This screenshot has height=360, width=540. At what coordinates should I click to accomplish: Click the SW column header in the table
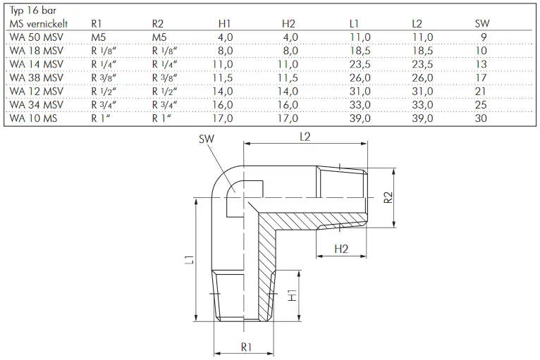click(482, 23)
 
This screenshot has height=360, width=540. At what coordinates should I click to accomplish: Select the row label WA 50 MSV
click(37, 37)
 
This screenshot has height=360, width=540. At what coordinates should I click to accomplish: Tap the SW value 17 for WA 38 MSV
click(481, 77)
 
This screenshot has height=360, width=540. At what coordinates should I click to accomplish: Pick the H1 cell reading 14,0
click(223, 91)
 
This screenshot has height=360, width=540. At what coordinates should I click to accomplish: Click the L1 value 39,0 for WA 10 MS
click(360, 118)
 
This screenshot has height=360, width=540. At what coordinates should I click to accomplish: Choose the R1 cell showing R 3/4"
click(104, 105)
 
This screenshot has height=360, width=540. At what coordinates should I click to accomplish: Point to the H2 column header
click(288, 23)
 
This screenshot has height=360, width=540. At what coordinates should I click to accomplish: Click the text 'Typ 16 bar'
click(32, 11)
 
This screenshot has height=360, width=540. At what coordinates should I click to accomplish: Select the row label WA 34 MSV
click(37, 105)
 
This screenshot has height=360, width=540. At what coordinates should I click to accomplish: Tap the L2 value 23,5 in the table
click(422, 64)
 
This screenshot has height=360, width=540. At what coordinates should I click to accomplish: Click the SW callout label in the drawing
click(207, 139)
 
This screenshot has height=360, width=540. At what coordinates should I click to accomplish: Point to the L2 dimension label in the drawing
click(305, 137)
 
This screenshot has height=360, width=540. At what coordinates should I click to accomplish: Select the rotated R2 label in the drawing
click(388, 197)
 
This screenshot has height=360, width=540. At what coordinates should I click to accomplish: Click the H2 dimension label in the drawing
click(341, 249)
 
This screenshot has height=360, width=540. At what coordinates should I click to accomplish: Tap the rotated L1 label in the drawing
click(190, 260)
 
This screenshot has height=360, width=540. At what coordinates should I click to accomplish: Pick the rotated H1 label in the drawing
click(292, 296)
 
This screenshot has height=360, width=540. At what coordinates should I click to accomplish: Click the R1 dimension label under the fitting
click(246, 347)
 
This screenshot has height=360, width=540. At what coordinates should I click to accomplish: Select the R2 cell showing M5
click(159, 37)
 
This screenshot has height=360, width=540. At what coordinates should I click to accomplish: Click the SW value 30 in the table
click(481, 118)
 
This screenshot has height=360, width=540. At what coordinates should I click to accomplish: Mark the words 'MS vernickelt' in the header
click(39, 24)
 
